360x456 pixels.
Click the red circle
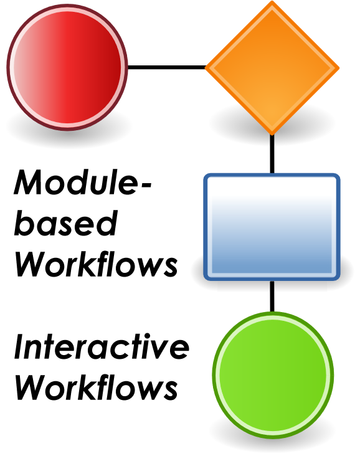click(67, 67)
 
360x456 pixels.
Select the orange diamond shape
click(272, 68)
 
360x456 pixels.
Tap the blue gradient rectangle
click(272, 227)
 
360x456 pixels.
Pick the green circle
click(273, 375)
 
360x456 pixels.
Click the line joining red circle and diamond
click(167, 67)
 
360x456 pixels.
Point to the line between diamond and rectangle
click(272, 154)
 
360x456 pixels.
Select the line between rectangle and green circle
click(272, 297)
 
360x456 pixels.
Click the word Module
click(75, 182)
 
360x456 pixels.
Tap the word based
click(66, 222)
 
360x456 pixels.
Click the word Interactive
click(102, 346)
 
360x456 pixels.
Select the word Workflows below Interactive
click(96, 387)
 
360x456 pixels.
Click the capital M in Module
click(30, 182)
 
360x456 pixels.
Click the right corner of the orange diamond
click(339, 68)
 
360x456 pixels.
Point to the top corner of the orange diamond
click(272, 1)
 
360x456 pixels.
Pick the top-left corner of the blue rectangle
click(204, 174)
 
